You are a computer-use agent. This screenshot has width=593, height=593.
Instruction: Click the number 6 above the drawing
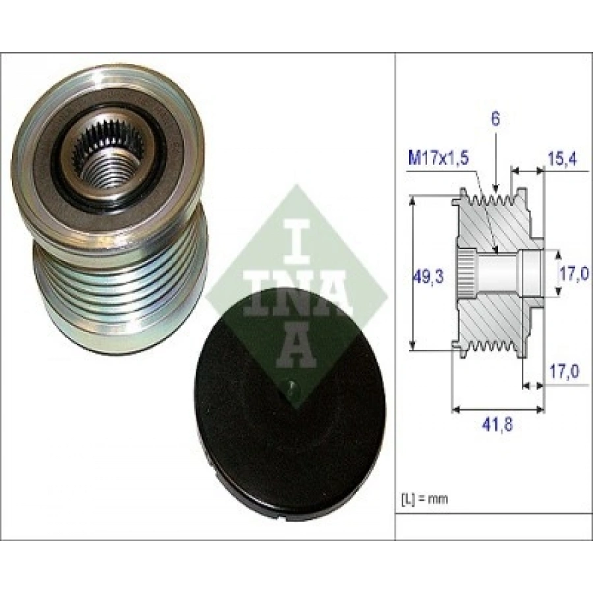tap(495, 119)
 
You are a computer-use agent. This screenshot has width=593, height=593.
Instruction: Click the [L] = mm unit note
tap(424, 499)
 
